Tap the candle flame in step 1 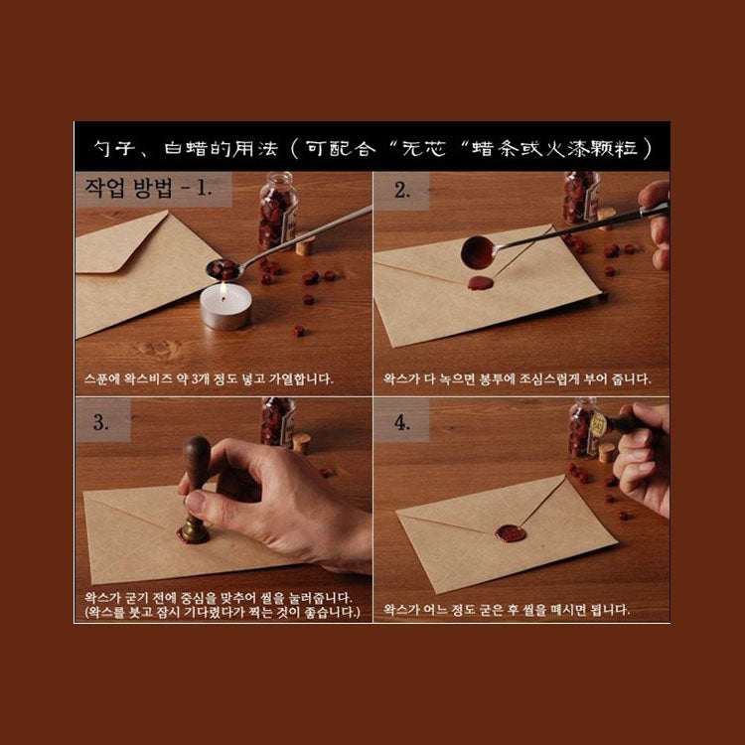click(x=223, y=289)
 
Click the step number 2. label click(x=402, y=191)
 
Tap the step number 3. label click(x=100, y=422)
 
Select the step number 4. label click(x=402, y=422)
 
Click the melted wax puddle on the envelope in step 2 click(x=481, y=283)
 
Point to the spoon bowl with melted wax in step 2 click(x=478, y=252)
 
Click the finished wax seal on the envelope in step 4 click(x=511, y=533)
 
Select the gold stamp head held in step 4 click(x=599, y=424)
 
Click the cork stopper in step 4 click(x=606, y=452)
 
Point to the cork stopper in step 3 click(x=302, y=443)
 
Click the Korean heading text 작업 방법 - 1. click(x=148, y=188)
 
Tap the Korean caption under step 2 click(x=517, y=378)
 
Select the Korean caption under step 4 click(x=507, y=609)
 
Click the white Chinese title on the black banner click(x=372, y=149)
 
